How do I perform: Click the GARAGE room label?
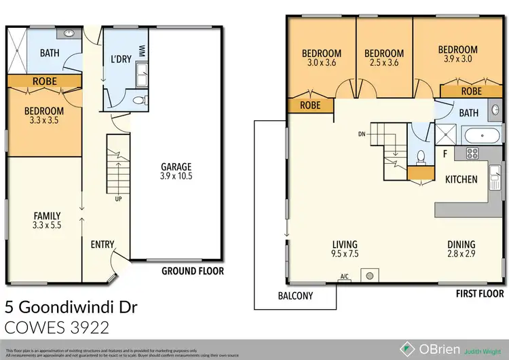click(x=176, y=171)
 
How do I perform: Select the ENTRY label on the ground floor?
click(x=102, y=245)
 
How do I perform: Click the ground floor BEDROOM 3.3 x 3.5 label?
click(x=44, y=115)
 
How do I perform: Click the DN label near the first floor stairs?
click(x=362, y=134)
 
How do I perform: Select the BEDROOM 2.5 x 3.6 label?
click(x=383, y=58)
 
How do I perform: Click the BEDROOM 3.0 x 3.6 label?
click(x=322, y=58)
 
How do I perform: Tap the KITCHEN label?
click(x=461, y=179)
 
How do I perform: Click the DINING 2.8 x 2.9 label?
click(x=461, y=249)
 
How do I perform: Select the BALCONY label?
click(x=296, y=295)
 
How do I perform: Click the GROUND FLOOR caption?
click(x=192, y=271)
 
